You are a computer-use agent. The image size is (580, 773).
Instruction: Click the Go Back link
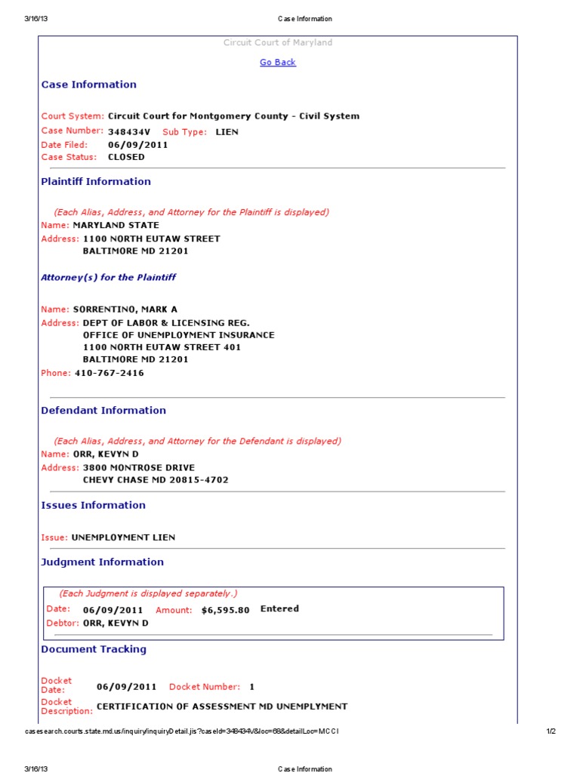[278, 63]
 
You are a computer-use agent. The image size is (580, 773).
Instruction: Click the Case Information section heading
[88, 85]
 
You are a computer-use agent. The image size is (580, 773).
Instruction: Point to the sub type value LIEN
[227, 131]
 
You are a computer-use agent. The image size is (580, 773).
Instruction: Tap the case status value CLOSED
[126, 157]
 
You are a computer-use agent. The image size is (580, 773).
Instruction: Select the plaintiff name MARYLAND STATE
[116, 225]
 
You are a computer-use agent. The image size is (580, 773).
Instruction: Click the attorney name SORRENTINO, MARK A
[125, 310]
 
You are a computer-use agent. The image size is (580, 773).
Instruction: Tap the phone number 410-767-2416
[109, 373]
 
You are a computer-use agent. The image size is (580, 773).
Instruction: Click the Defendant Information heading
[103, 411]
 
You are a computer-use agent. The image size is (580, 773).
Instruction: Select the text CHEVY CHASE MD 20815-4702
[155, 480]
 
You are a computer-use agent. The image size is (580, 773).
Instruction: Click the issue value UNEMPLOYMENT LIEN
[123, 537]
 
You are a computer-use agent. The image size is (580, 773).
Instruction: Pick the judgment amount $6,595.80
[225, 610]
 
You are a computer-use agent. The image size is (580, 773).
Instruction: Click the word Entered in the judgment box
[279, 608]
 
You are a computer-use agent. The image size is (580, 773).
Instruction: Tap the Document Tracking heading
[94, 649]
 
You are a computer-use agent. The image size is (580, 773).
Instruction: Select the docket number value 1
[252, 687]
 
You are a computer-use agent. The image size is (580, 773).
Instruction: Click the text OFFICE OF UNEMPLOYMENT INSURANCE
[178, 335]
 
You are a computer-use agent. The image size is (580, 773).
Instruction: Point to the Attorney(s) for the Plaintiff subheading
[108, 277]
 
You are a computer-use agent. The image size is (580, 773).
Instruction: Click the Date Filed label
[64, 144]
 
